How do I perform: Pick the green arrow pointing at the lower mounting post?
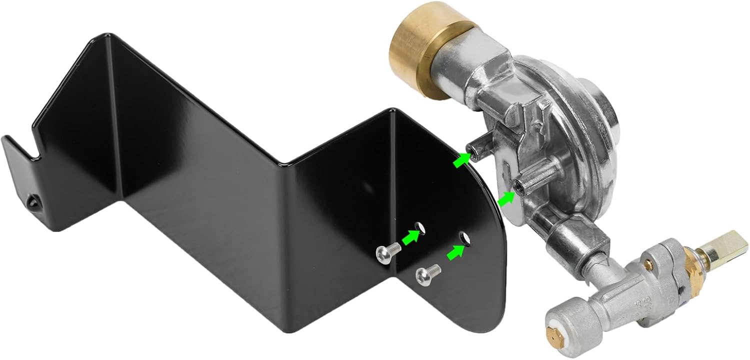(506, 200)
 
